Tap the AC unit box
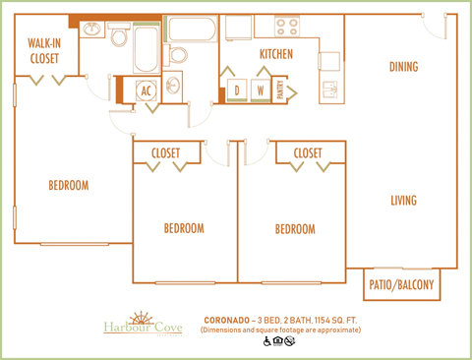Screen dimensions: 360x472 click(x=146, y=90)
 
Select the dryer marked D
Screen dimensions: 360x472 click(x=237, y=90)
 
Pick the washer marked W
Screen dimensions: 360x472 click(x=262, y=90)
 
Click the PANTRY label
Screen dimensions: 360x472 click(x=280, y=91)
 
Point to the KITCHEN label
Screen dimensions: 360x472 click(x=275, y=54)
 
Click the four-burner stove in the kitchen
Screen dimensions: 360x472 click(x=287, y=27)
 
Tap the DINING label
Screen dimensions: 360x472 click(x=403, y=67)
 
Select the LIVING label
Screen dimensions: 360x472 click(x=403, y=201)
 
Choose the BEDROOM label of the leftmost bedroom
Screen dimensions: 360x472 click(x=69, y=185)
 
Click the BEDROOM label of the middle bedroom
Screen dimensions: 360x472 click(x=184, y=228)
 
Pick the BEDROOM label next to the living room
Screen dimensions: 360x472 click(x=294, y=229)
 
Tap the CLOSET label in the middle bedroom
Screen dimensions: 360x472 click(x=166, y=153)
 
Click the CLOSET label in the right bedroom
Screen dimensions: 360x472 click(x=308, y=153)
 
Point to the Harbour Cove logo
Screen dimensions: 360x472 click(x=143, y=325)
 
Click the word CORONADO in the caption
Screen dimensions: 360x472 click(x=227, y=320)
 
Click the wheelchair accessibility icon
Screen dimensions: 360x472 click(x=265, y=342)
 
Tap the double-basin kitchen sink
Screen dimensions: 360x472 click(x=332, y=90)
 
